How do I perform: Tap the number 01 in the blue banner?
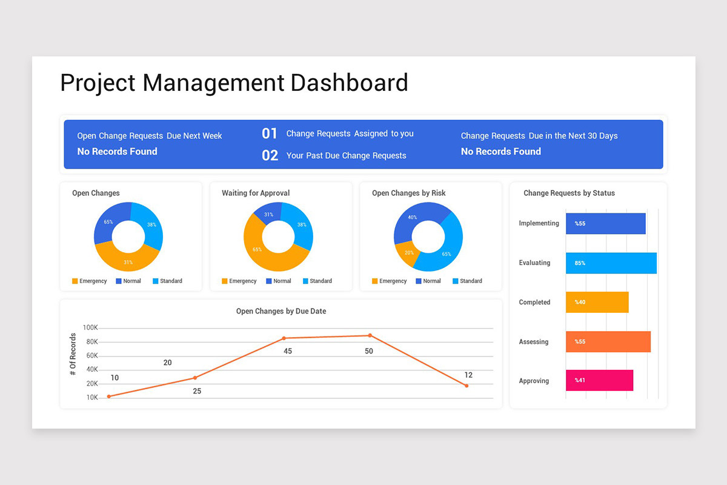pos(270,133)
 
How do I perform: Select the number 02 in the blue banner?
pos(270,156)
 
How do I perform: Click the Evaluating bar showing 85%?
pos(611,263)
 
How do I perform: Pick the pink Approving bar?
pos(599,381)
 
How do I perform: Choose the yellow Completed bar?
pos(597,302)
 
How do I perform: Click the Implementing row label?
pos(539,223)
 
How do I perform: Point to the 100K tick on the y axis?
pos(90,328)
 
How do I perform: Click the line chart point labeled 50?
pos(370,335)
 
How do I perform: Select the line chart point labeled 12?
pos(466,386)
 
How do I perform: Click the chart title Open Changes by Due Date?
pos(281,311)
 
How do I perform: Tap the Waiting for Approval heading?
pos(256,193)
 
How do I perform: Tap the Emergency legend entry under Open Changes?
pos(89,281)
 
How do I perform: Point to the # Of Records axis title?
pos(73,354)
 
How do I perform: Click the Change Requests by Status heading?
pos(569,193)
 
